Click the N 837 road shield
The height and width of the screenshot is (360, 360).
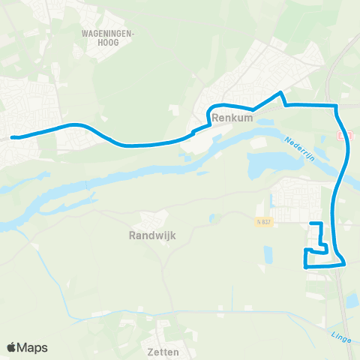[x=260, y=222]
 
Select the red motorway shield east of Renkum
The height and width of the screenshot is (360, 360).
[x=344, y=136]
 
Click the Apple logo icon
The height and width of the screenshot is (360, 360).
[x=11, y=347]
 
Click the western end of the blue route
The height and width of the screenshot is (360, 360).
[x=13, y=137]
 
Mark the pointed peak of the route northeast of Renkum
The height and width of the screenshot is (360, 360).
[x=280, y=93]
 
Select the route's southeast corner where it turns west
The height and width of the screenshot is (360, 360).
[x=345, y=263]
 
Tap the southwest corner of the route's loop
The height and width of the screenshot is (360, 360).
[x=304, y=265]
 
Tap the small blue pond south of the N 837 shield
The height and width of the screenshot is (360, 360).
[x=268, y=255]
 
